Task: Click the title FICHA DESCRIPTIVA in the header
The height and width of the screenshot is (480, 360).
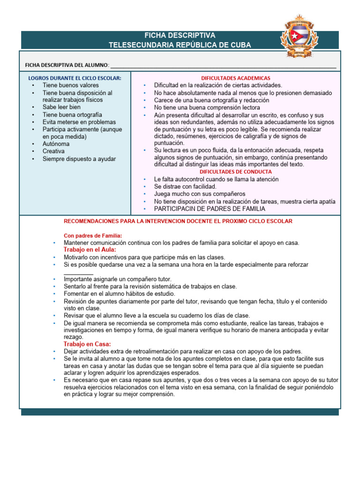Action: (180, 36)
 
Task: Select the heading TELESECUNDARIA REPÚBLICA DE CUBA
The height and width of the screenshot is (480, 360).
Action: (180, 45)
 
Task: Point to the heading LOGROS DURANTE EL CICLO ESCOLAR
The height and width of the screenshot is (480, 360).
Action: (75, 78)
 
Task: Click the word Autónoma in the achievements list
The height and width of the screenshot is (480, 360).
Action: (56, 144)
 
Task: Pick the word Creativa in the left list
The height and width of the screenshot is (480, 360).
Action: (54, 151)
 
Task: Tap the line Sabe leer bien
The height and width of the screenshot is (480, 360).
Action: (61, 107)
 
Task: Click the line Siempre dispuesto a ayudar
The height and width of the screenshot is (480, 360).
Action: (79, 159)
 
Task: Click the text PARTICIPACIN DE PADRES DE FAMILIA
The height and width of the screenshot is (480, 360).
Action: (210, 209)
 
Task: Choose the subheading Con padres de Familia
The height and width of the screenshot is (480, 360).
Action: (93, 235)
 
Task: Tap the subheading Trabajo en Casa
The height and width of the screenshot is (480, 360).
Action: (87, 344)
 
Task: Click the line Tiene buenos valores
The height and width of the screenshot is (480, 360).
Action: (70, 85)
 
